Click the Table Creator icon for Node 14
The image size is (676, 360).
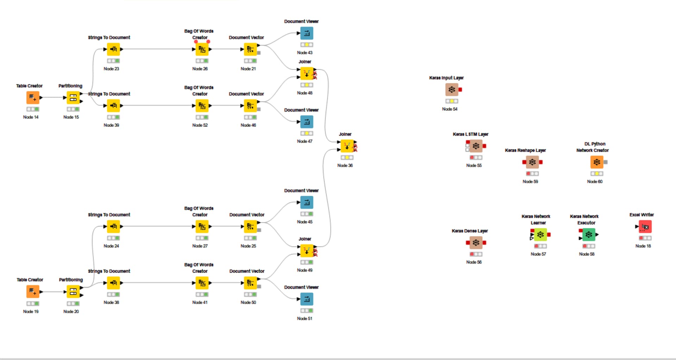click(33, 97)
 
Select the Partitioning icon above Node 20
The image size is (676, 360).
click(73, 292)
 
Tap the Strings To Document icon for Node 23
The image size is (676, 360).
click(113, 49)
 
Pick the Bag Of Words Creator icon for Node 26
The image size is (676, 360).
click(202, 49)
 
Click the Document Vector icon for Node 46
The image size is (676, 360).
click(250, 106)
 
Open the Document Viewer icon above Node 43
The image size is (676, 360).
click(307, 33)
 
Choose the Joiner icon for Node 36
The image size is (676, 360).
click(347, 146)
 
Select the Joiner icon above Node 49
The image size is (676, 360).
click(307, 251)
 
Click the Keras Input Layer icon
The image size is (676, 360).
click(452, 90)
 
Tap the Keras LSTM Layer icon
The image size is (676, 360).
click(476, 146)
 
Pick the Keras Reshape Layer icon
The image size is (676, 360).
click(532, 162)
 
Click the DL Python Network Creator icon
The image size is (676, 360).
click(597, 162)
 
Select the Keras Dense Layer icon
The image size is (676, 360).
click(476, 243)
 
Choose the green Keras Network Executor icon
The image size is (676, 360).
click(589, 235)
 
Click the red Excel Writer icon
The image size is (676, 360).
click(645, 227)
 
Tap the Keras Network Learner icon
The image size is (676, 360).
click(540, 235)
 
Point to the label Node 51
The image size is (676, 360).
click(305, 318)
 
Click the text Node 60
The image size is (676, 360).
click(595, 182)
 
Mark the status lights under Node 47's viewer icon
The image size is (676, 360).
click(307, 133)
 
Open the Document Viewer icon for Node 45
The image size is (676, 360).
click(307, 203)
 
